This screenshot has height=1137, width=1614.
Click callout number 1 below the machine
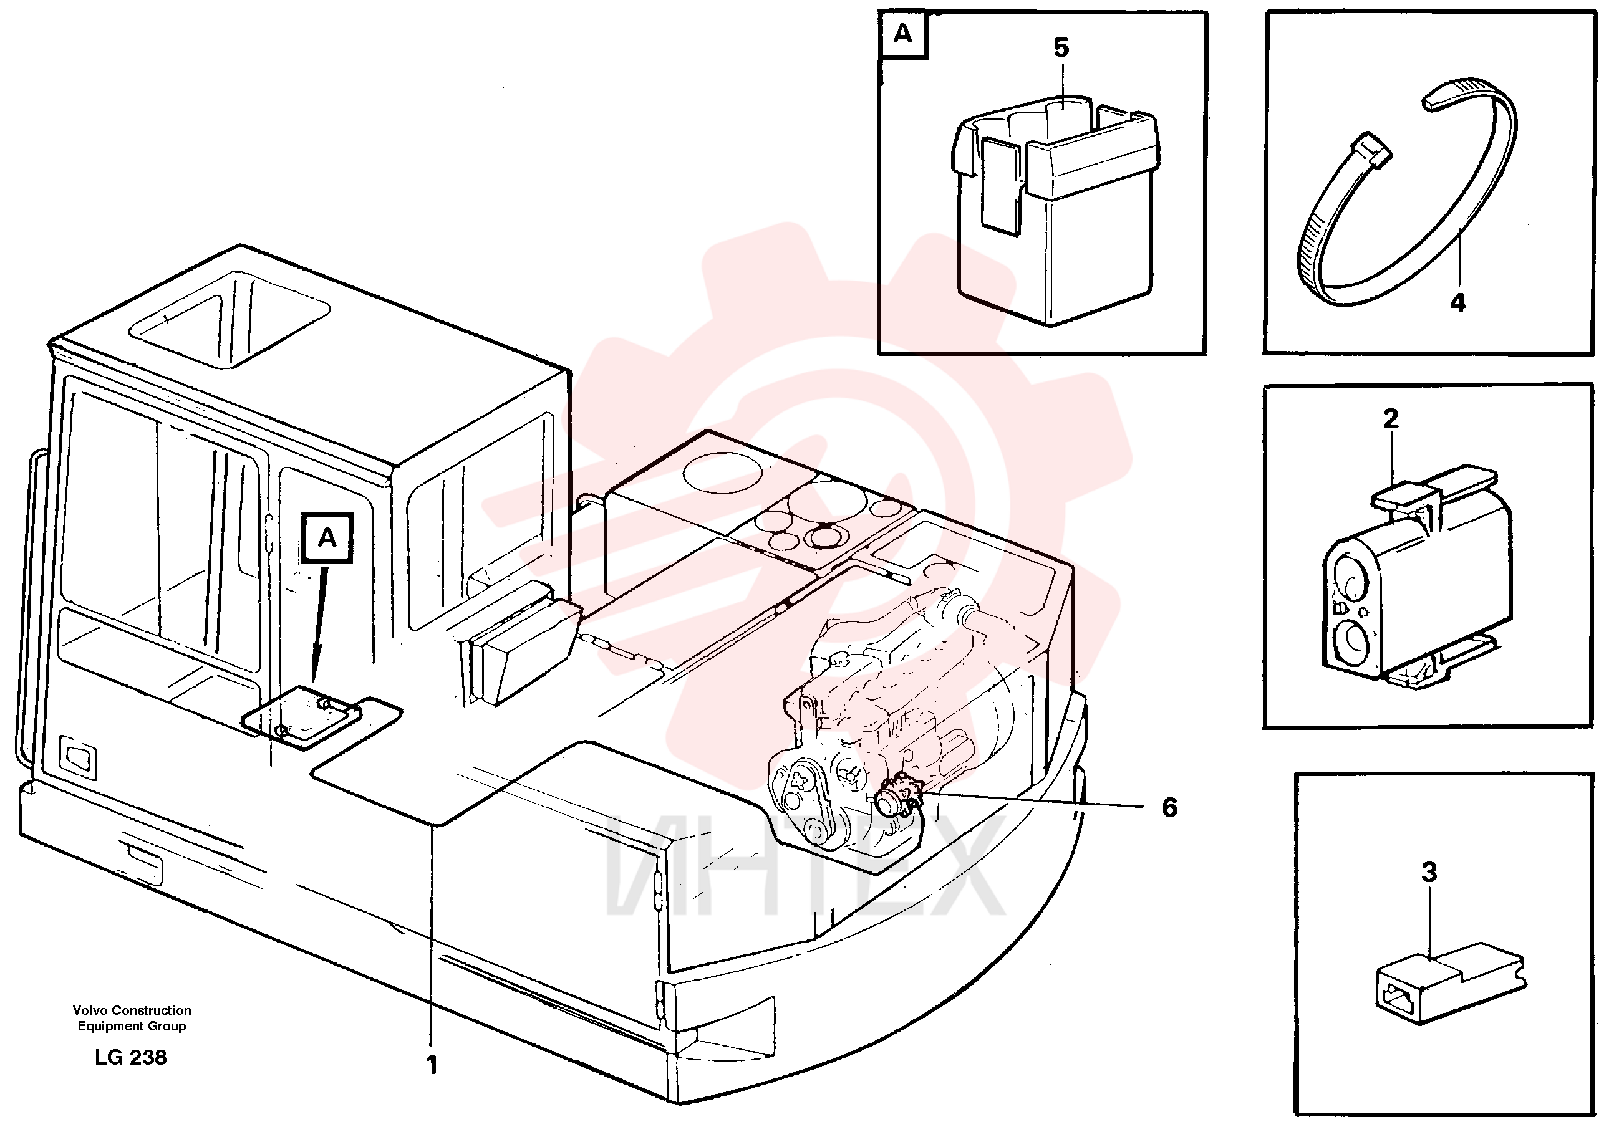pyautogui.click(x=432, y=1065)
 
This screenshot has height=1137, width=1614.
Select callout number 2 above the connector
pyautogui.click(x=1391, y=419)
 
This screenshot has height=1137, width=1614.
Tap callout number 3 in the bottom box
pyautogui.click(x=1429, y=872)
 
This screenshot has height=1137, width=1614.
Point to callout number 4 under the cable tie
pyautogui.click(x=1458, y=303)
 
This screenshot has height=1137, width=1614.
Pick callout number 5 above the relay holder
pyautogui.click(x=1061, y=48)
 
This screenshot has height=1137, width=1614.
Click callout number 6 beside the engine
pyautogui.click(x=1169, y=807)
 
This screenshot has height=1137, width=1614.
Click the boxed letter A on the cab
pyautogui.click(x=327, y=537)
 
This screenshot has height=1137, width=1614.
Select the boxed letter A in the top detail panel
pyautogui.click(x=902, y=33)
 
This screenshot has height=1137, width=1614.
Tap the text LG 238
pyautogui.click(x=131, y=1058)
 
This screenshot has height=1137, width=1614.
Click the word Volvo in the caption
pyautogui.click(x=90, y=1010)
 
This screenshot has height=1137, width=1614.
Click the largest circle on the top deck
pyautogui.click(x=717, y=473)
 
